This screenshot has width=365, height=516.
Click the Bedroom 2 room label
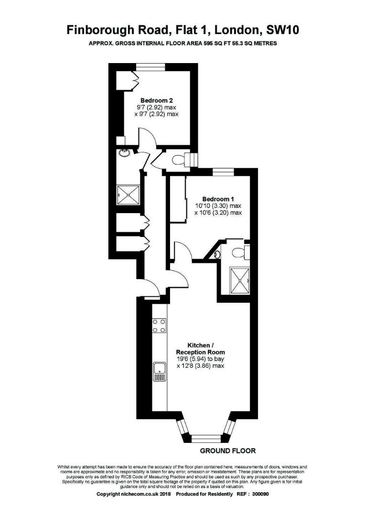[156, 100]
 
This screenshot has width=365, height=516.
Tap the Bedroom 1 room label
[218, 199]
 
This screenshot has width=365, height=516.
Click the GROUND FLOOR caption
[227, 451]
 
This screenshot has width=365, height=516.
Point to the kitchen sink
[159, 370]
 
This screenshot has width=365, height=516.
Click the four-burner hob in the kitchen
[159, 326]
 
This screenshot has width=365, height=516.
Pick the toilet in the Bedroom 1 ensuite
[238, 251]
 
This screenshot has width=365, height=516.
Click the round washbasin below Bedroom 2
[124, 153]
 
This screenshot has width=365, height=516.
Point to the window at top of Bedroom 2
[150, 67]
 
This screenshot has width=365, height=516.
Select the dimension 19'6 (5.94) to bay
[200, 359]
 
